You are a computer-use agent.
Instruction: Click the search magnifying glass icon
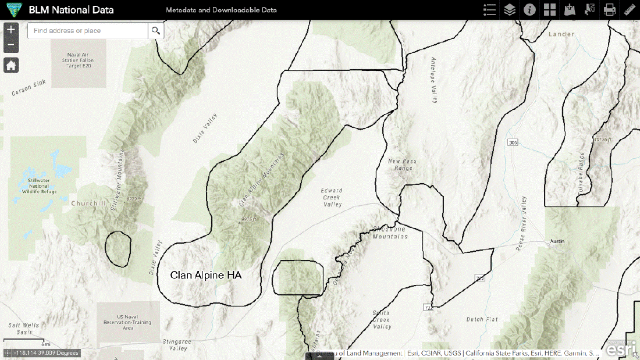point(156,30)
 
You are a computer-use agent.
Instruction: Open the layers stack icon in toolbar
point(510,10)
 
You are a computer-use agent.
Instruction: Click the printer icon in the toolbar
point(609,10)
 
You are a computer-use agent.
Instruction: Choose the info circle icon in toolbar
point(529,10)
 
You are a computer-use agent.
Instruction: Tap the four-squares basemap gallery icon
point(550,10)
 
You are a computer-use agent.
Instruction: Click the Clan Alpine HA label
point(205,275)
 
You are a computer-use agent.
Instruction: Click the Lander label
point(561,34)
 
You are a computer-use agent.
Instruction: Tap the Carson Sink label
point(28,92)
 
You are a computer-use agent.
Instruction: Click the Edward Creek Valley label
point(331,197)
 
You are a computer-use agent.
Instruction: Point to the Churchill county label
point(88,204)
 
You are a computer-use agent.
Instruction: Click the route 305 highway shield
point(512,142)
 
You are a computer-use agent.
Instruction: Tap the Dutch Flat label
point(482,319)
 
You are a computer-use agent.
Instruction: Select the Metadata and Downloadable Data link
point(221,10)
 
